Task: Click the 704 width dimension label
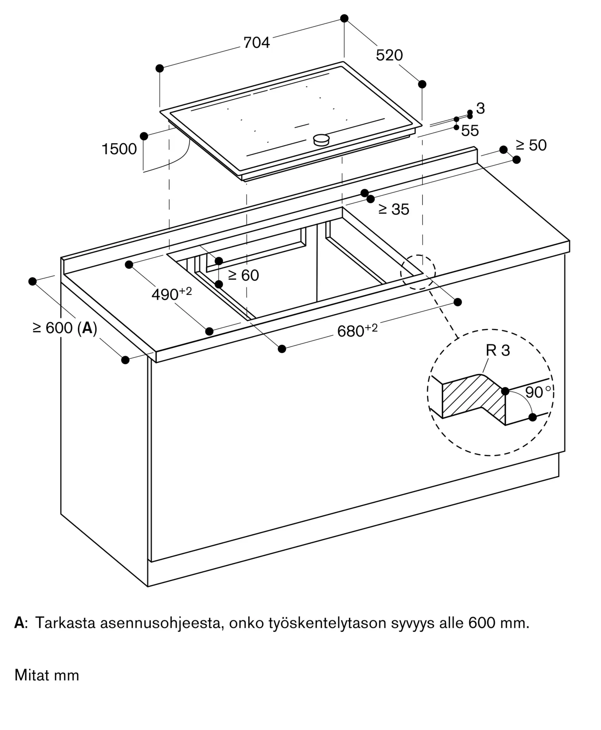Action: pos(257,43)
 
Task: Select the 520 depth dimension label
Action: pos(389,55)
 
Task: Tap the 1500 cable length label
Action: pos(119,149)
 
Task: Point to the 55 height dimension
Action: pos(470,131)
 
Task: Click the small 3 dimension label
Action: pos(481,108)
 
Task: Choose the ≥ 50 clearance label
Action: pos(531,145)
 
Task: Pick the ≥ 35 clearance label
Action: pos(394,210)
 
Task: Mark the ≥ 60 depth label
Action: pos(243,276)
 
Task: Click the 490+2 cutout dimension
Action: pos(171,294)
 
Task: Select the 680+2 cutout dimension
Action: pos(357,331)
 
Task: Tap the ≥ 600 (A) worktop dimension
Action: pos(65,328)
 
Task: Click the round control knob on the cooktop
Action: pos(321,139)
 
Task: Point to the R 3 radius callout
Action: pos(498,350)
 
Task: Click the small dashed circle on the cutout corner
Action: pos(418,272)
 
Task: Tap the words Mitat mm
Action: pos(47,675)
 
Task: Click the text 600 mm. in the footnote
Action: pos(498,623)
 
